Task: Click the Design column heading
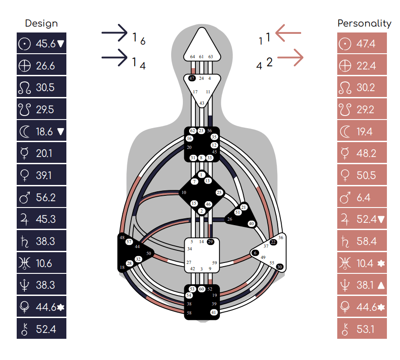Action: [x=42, y=23]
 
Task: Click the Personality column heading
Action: [x=364, y=23]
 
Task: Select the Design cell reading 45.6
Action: [x=42, y=44]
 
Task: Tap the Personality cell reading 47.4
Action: [x=362, y=44]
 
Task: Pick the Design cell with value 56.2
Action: [x=42, y=197]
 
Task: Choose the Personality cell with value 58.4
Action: [x=362, y=241]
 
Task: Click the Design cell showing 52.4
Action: [x=42, y=329]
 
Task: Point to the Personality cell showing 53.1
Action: [x=362, y=329]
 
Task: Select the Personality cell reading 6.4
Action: [x=362, y=197]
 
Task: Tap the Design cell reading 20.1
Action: [x=42, y=153]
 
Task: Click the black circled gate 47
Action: [x=192, y=78]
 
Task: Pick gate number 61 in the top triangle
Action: [x=201, y=57]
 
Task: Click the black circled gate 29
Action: [x=210, y=242]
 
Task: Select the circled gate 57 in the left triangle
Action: [x=129, y=242]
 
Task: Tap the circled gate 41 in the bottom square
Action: [x=214, y=312]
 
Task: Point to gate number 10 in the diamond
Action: [x=184, y=193]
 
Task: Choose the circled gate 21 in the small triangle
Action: [x=244, y=207]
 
